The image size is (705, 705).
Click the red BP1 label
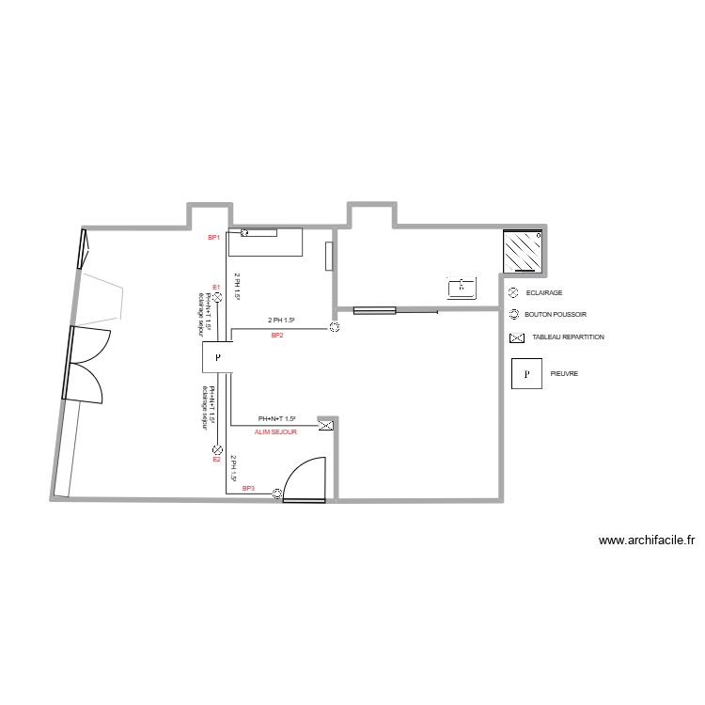point(213,238)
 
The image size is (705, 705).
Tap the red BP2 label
point(277,335)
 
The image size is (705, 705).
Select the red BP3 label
point(248,489)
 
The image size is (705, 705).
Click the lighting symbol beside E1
point(216,297)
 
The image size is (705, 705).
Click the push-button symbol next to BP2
point(334,327)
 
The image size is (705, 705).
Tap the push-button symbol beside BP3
point(276,494)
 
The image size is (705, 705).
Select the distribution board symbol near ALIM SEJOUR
point(326,426)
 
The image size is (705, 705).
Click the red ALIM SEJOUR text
point(275,431)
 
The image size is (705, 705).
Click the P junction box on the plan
point(217,357)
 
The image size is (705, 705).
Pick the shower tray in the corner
point(523,251)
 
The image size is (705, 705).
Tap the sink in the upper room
point(462,287)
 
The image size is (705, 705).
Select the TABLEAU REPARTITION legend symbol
point(515,337)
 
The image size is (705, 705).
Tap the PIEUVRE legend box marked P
point(526,373)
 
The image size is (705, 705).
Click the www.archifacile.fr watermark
point(646,540)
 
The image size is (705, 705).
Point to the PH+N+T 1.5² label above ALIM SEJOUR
point(276,419)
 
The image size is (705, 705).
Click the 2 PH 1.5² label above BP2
point(285,321)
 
